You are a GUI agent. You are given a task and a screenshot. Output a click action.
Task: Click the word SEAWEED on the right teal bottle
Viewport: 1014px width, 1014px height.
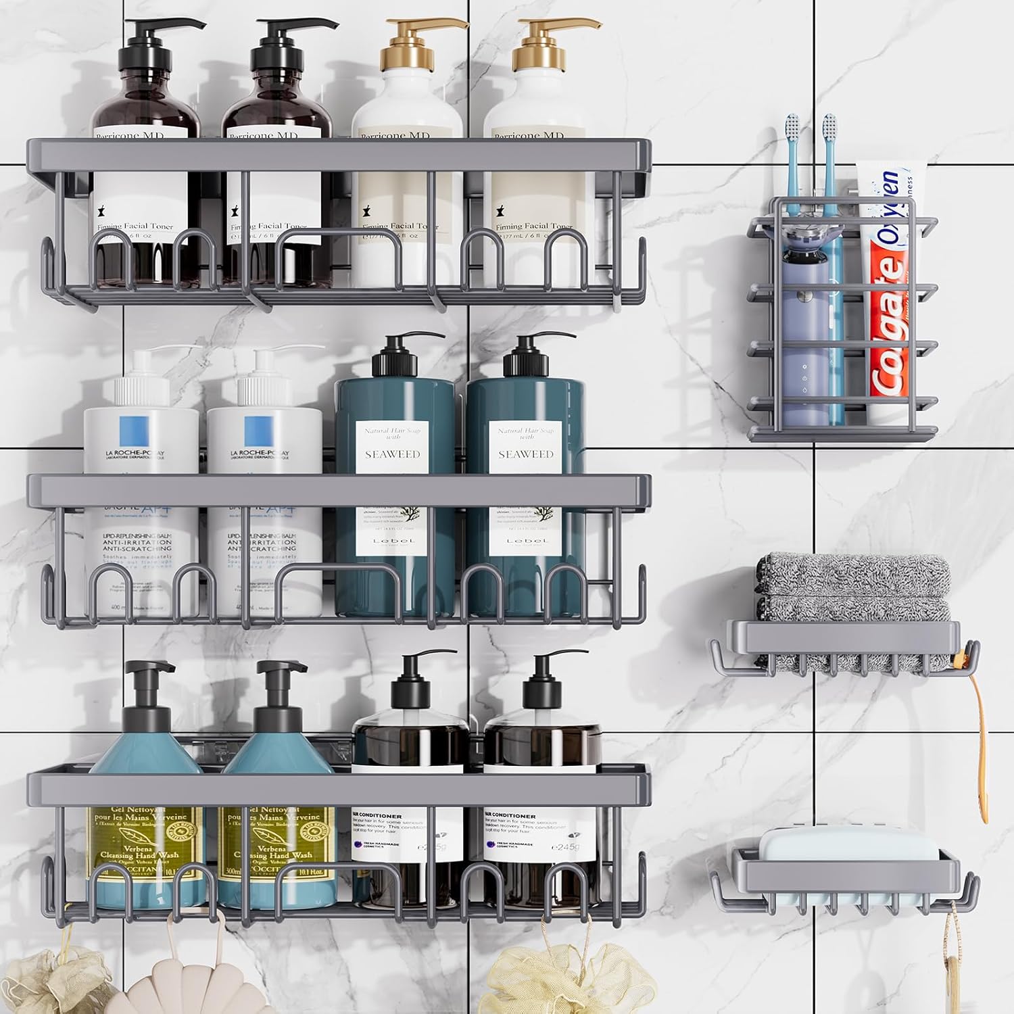click(x=525, y=454)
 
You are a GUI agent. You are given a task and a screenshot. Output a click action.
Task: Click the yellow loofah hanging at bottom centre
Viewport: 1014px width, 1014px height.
click(x=571, y=980)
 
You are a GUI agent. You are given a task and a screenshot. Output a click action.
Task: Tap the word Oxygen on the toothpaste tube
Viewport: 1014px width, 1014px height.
click(x=892, y=203)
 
